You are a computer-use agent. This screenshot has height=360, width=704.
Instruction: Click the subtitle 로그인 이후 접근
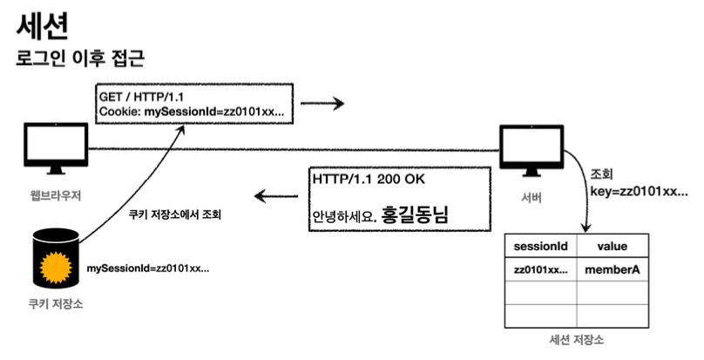(x=79, y=58)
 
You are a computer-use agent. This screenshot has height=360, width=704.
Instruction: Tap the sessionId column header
(x=540, y=247)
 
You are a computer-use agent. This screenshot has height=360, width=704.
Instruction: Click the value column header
(x=613, y=247)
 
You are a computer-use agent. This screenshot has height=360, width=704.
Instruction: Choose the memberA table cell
(x=613, y=270)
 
